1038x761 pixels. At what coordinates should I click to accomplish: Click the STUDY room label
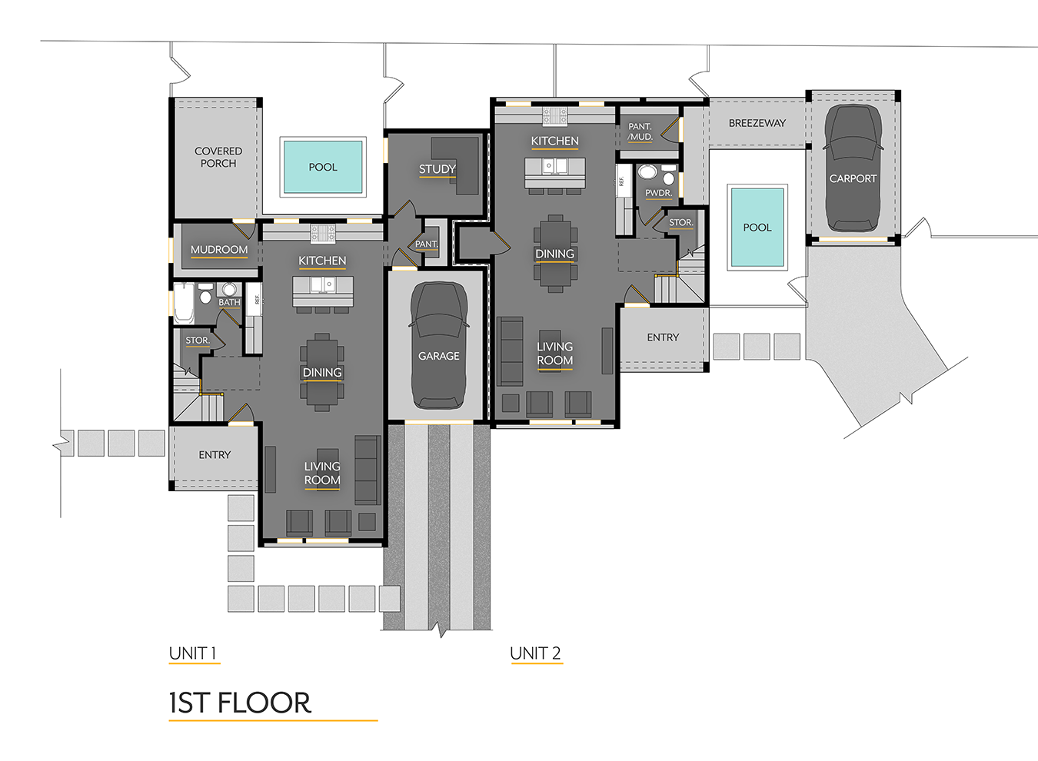pos(437,169)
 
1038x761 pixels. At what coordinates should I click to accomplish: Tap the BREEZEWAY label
pos(757,123)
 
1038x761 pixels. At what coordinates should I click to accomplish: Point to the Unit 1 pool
pos(323,167)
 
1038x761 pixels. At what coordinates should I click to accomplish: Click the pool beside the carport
pos(757,228)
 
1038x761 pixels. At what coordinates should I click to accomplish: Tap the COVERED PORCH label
pos(218,157)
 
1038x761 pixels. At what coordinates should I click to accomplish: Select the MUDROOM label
pos(219,250)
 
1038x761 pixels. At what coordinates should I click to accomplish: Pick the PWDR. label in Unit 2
pos(658,193)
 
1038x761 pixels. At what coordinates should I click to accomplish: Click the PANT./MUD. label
pos(640,131)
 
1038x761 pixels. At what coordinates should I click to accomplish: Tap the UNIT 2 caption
pos(535,653)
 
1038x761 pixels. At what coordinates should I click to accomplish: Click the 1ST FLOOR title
pos(240,703)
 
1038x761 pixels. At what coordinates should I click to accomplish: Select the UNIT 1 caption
pos(192,653)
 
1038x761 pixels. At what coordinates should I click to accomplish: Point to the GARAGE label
pos(438,356)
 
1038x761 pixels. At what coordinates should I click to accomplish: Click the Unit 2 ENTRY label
pos(663,337)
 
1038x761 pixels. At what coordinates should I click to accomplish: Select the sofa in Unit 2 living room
pos(510,351)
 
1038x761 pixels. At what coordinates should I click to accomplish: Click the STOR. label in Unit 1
pos(197,341)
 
